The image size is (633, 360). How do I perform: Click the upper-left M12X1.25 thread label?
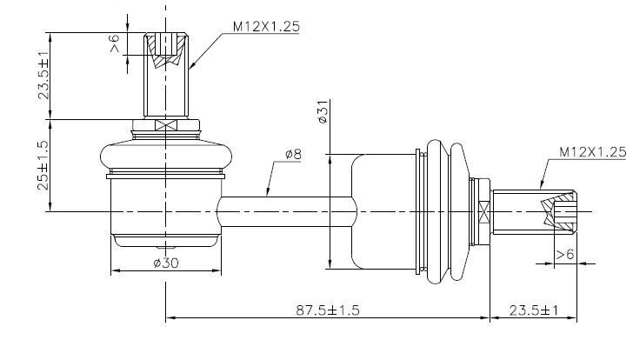[x=266, y=27]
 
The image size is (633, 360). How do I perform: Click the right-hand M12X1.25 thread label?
[x=593, y=152]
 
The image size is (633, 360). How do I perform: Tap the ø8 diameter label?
[x=293, y=154]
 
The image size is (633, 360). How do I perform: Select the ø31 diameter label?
[x=323, y=112]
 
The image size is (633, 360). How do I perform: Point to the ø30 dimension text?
[x=166, y=263]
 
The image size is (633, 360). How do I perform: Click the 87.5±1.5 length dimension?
[x=328, y=310]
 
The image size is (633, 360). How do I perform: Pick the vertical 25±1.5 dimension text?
[x=43, y=165]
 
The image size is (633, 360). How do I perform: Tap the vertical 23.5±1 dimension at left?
[x=43, y=76]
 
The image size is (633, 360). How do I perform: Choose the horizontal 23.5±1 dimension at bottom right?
[x=533, y=310]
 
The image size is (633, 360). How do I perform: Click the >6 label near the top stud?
[x=115, y=43]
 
